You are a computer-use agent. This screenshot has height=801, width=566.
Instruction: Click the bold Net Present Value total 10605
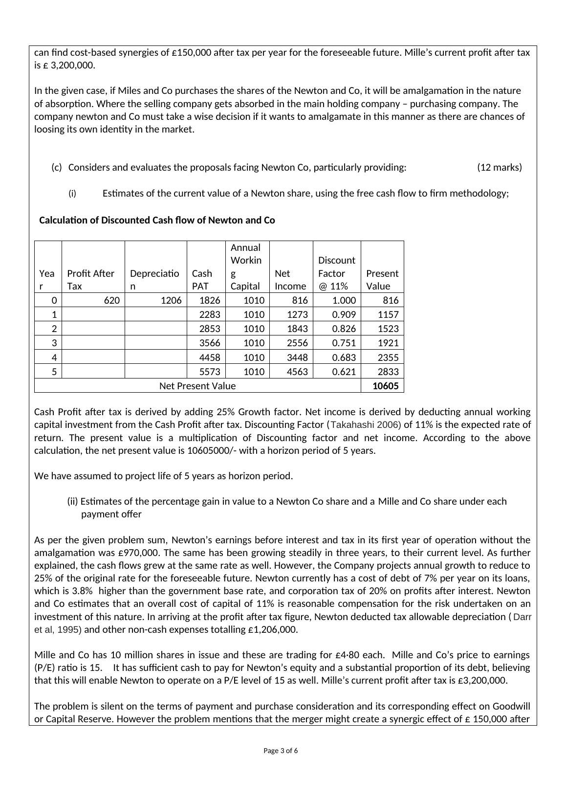pos(385,386)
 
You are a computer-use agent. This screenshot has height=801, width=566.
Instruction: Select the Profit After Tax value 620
pos(111,300)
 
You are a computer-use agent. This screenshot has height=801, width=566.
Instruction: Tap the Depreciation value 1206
pos(172,300)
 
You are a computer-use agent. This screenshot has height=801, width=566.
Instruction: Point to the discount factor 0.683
pos(344,357)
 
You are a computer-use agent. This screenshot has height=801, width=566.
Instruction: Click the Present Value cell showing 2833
pos(388,372)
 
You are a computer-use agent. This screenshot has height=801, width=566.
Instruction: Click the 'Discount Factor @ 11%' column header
pos(337,273)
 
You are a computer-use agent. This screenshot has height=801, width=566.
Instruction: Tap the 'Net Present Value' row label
pos(197,386)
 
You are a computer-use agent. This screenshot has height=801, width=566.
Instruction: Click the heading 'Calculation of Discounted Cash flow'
pos(157,220)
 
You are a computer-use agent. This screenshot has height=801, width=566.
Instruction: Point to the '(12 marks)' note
pos(499,167)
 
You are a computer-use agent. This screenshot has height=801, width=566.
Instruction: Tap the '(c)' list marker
pos(57,167)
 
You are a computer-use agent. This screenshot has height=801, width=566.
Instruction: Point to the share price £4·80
pos(347,655)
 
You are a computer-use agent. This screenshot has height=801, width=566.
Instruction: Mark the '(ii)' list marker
pos(72,501)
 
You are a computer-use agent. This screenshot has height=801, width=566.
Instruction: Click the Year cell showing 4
pos(54,357)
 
